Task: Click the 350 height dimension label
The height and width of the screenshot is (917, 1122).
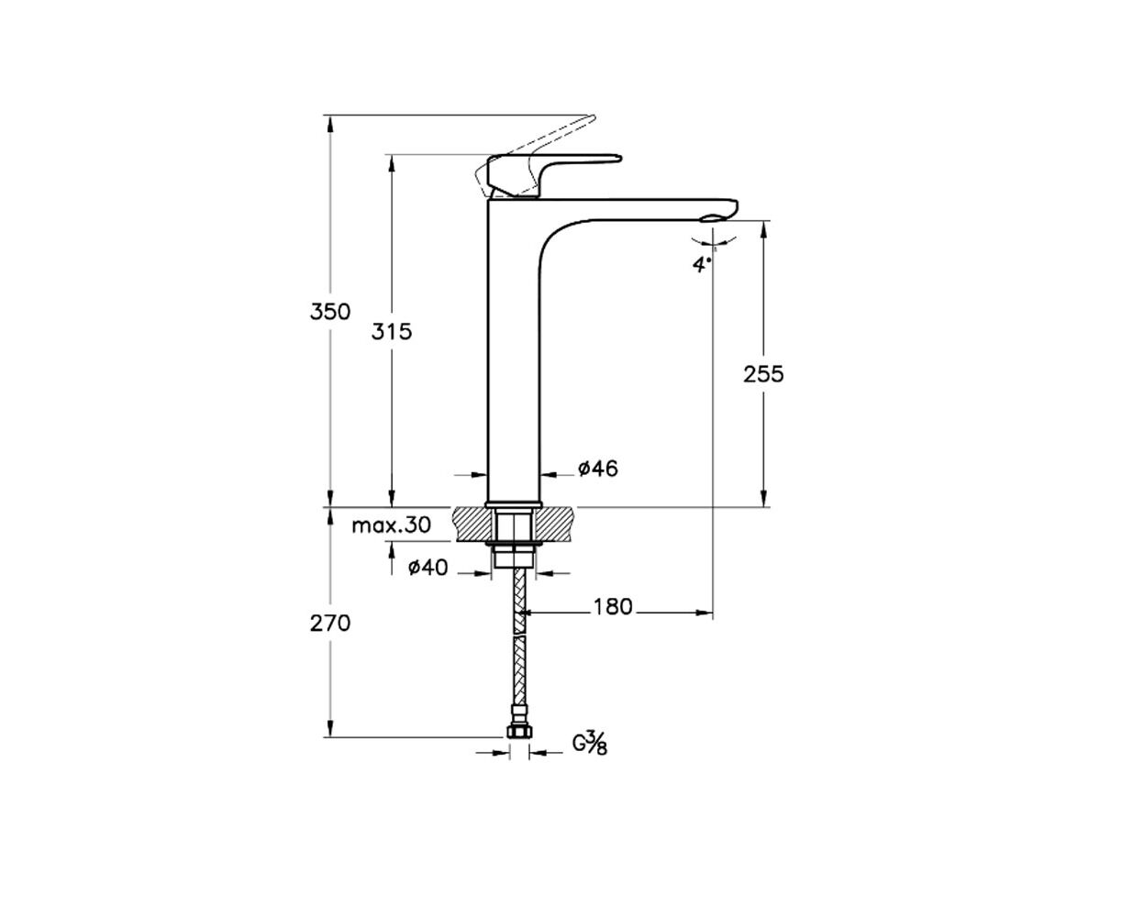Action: pos(330,311)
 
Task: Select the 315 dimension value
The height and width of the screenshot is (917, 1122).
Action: pos(392,331)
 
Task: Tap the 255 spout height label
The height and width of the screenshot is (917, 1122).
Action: pos(763,374)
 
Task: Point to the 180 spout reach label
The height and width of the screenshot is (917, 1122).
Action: pos(613,606)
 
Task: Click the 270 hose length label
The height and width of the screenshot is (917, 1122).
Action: pos(330,623)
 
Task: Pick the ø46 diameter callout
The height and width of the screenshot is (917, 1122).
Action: pos(598,469)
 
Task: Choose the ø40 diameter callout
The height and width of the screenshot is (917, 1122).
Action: pos(428,568)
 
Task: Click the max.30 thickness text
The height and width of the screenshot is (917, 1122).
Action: pos(391,525)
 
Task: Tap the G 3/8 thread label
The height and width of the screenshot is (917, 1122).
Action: pos(590,743)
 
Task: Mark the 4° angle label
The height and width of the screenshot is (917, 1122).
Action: pos(702,264)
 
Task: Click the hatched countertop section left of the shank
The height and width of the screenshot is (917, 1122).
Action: pos(473,525)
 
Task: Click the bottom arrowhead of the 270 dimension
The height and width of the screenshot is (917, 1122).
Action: pos(330,728)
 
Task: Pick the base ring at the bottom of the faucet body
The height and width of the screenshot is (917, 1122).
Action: pos(514,503)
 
